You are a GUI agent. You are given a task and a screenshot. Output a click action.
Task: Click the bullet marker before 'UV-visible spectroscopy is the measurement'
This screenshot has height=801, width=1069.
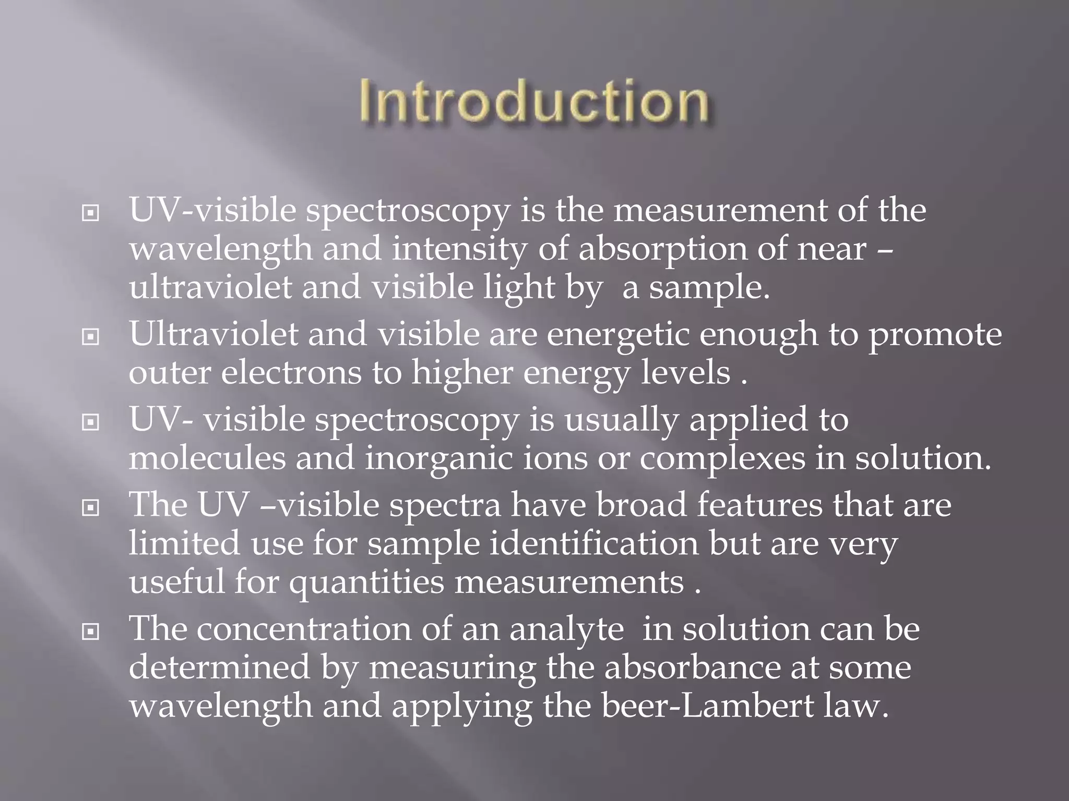point(91,213)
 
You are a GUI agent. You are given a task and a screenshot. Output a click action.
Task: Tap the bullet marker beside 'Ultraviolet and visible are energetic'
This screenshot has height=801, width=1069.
point(91,337)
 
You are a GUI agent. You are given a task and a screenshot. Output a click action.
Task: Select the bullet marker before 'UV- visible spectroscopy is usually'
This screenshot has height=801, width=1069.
point(91,422)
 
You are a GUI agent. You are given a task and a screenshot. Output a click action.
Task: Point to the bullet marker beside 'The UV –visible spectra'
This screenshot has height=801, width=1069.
point(91,507)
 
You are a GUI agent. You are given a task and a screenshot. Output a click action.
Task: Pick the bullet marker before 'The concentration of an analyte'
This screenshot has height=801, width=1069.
point(91,632)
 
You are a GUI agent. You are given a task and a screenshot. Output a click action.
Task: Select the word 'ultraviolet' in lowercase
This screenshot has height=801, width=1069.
point(210,288)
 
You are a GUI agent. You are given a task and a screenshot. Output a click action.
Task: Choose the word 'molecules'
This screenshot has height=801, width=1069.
point(207,459)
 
